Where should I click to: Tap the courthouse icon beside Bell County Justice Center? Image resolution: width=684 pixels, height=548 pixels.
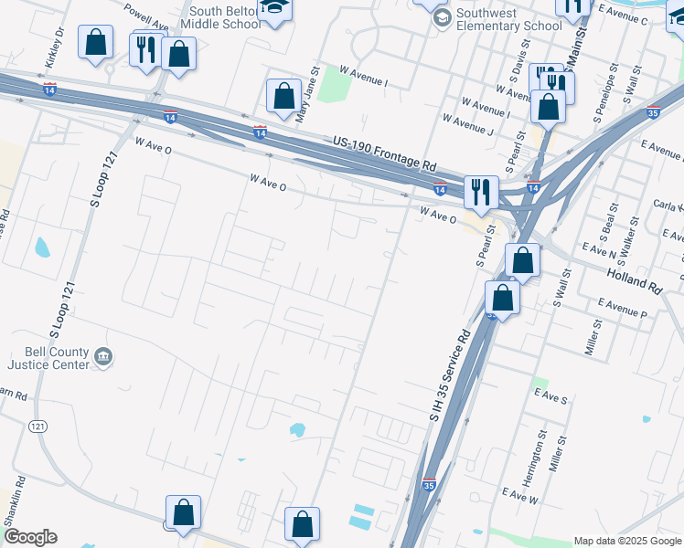[x=104, y=357]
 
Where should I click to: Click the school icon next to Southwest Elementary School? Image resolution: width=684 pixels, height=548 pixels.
[x=443, y=18]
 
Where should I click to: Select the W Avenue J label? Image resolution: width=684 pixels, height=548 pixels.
[x=467, y=125]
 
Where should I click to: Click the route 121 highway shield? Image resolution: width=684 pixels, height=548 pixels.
[x=37, y=427]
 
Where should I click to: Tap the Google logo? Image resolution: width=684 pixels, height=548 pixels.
[x=29, y=537]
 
